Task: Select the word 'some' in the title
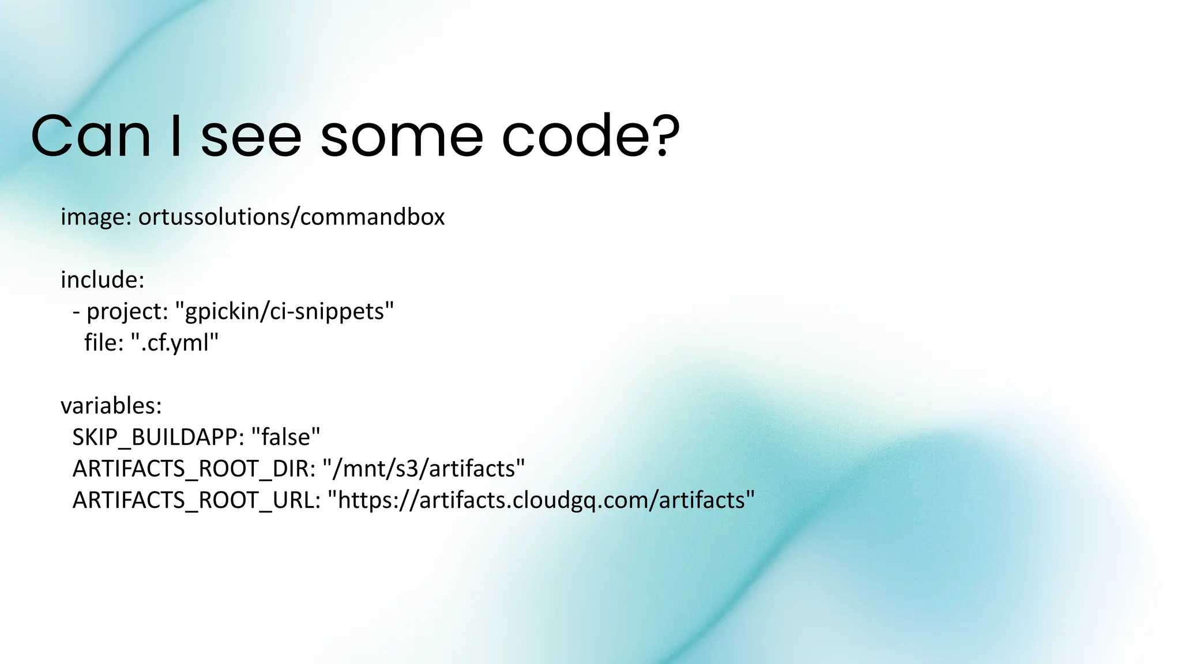pos(401,137)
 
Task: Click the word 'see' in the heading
pos(251,137)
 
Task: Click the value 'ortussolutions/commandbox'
pos(291,217)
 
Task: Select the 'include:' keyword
pos(102,280)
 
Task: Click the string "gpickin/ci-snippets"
pos(284,312)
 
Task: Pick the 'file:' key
pos(104,343)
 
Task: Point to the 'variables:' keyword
pos(111,406)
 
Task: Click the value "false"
pos(286,437)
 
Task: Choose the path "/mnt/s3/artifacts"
pos(424,469)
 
